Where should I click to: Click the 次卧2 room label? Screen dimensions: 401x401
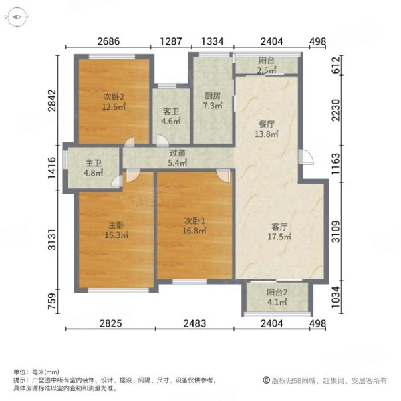click(114, 96)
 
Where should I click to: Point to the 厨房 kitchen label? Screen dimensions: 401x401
click(212, 96)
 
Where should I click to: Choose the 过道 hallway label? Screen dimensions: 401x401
click(177, 152)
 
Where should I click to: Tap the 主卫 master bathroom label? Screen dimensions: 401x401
click(93, 163)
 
